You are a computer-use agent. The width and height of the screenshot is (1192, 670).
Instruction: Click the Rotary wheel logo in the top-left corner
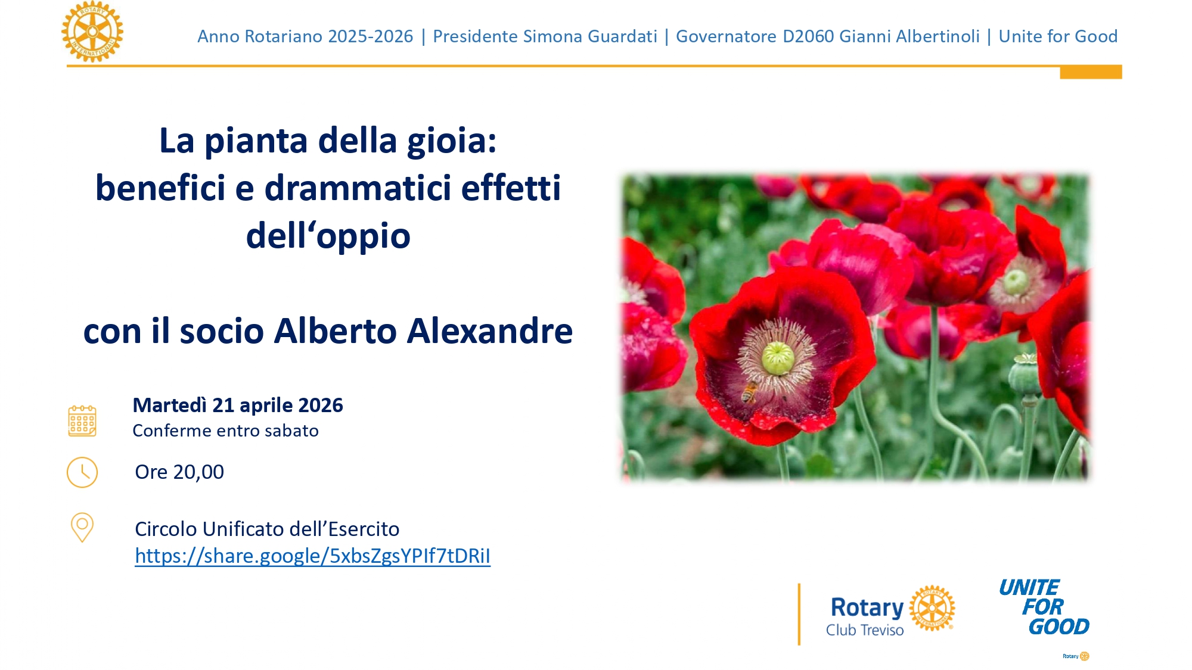(92, 32)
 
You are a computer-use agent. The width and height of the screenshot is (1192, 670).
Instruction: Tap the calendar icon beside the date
(82, 421)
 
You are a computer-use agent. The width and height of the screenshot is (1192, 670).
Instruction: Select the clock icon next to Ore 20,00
(82, 472)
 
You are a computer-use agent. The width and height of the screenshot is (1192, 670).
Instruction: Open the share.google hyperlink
(312, 556)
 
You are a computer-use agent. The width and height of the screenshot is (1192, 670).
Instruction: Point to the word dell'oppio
(328, 235)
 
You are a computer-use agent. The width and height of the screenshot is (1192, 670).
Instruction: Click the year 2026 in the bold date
(320, 405)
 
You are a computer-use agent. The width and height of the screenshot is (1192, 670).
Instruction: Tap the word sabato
(291, 431)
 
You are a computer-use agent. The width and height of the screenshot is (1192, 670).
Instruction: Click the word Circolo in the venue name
(166, 529)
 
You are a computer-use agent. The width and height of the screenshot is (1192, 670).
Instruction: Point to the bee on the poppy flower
(749, 392)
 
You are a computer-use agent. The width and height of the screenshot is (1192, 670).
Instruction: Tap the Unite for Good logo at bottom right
(1044, 607)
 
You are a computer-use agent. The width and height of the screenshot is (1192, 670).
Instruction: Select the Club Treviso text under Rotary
(864, 630)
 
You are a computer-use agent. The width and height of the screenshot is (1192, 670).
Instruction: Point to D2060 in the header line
(808, 36)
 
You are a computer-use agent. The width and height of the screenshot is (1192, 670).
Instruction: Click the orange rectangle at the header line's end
(1091, 73)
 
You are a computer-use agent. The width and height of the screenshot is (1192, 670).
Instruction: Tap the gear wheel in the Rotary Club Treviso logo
(932, 608)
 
